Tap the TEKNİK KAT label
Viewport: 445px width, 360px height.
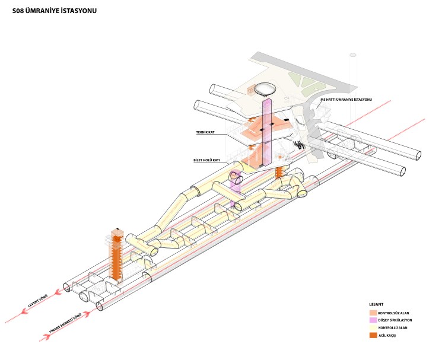pos(205,132)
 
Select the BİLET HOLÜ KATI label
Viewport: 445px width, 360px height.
pos(207,160)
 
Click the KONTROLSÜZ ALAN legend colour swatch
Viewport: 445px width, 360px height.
pos(373,313)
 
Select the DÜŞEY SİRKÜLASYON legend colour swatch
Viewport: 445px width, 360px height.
pos(373,320)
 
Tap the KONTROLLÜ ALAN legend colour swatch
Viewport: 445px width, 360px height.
pos(373,327)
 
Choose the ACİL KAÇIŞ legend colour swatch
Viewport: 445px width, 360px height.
pos(373,335)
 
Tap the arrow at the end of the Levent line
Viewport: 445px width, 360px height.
pos(58,292)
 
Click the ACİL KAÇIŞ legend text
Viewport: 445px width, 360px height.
pos(389,335)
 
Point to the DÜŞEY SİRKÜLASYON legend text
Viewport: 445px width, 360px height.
pos(395,320)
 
